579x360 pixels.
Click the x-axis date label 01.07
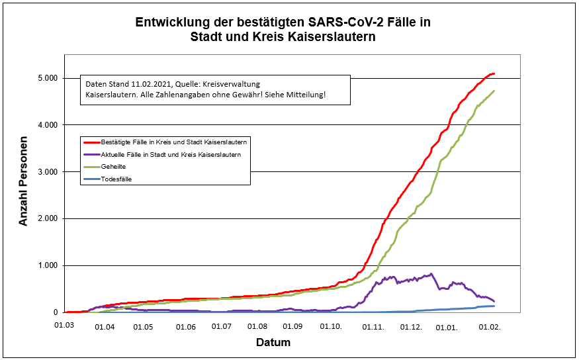[x=222, y=327]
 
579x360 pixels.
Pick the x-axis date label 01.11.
[x=374, y=327]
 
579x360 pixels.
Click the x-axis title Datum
[x=273, y=343]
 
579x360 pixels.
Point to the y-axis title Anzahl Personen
[x=24, y=182]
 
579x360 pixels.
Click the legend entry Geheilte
[x=113, y=167]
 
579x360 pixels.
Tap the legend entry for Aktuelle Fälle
[x=170, y=154]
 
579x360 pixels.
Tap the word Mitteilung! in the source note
[x=304, y=95]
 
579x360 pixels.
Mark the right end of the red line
[x=494, y=73]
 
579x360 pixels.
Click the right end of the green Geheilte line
[x=494, y=91]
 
